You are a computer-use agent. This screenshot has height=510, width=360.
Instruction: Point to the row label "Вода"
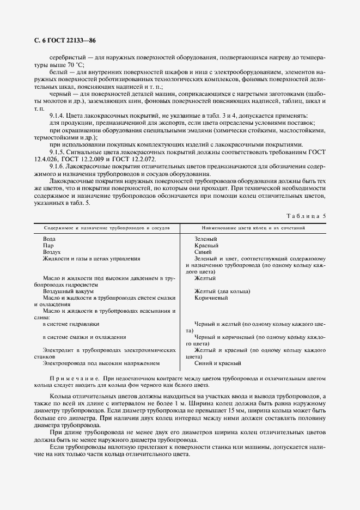tap(48, 239)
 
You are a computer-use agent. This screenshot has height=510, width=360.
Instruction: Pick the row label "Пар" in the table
tap(48, 246)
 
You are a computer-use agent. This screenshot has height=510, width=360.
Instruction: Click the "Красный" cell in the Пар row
tap(206, 246)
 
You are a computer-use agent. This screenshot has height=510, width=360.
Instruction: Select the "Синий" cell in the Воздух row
tap(204, 252)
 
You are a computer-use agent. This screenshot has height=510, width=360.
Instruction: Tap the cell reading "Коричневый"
tap(211, 297)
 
